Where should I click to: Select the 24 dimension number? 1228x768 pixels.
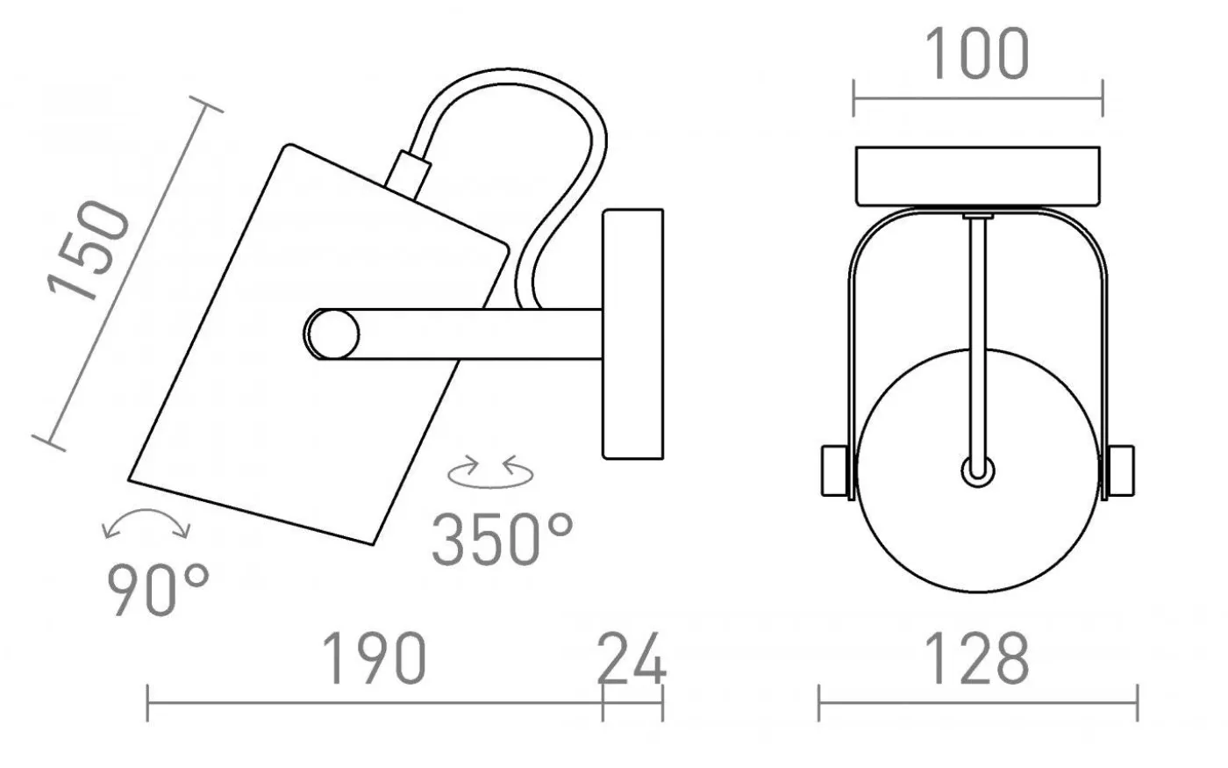(632, 658)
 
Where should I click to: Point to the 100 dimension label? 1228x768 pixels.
(977, 54)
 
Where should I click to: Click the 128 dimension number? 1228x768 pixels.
(977, 658)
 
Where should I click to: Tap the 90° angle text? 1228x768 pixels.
(159, 590)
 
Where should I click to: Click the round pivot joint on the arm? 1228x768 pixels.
(332, 334)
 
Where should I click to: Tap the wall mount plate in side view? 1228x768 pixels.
(632, 334)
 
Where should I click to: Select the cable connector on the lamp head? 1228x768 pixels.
(411, 171)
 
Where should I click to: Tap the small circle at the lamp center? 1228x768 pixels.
(977, 470)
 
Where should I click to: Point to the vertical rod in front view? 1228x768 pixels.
(977, 334)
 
